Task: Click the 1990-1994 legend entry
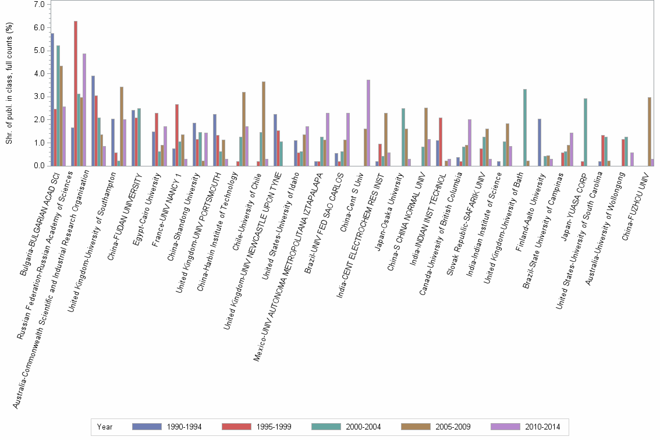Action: click(x=168, y=427)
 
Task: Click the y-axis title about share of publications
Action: click(x=9, y=86)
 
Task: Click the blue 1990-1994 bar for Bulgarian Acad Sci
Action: click(x=52, y=100)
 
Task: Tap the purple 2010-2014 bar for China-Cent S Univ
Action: click(x=368, y=123)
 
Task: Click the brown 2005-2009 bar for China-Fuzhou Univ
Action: click(x=649, y=132)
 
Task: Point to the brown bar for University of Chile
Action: click(x=264, y=123)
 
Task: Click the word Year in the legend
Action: click(x=105, y=427)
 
